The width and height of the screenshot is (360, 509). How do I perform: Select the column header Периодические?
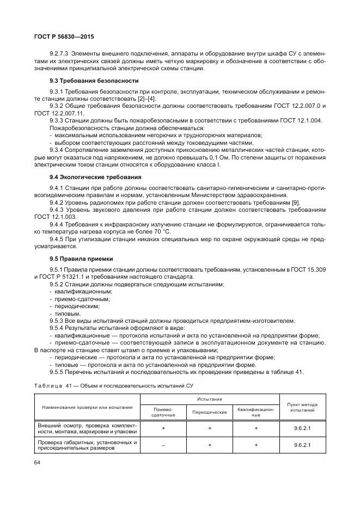(x=210, y=412)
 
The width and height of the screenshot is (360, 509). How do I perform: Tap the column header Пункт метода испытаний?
(x=302, y=408)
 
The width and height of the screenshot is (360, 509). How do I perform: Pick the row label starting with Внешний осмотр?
(x=87, y=427)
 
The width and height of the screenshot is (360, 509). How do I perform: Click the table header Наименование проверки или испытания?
(x=87, y=407)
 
